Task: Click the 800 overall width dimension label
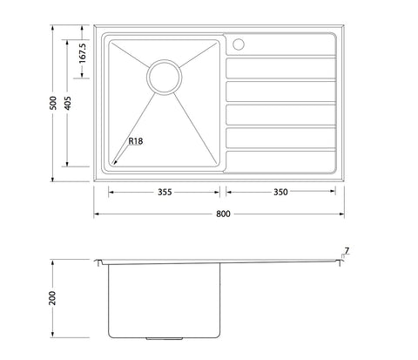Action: [x=223, y=214]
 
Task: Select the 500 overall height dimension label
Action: [x=53, y=103]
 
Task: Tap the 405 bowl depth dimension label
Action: [x=67, y=103]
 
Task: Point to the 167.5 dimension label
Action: [x=83, y=53]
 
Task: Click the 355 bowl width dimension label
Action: [x=165, y=192]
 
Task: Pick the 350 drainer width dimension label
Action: [x=280, y=192]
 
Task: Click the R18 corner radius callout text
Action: [x=136, y=141]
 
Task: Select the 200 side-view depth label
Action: [x=52, y=298]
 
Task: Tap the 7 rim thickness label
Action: [x=347, y=250]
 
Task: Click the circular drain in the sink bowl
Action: [x=165, y=77]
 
